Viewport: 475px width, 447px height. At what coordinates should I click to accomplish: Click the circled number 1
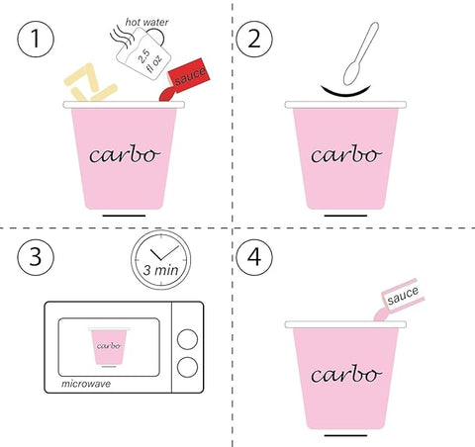point(36,39)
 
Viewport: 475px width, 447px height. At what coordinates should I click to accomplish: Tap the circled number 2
point(254,39)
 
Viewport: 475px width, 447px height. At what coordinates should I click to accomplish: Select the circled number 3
point(36,257)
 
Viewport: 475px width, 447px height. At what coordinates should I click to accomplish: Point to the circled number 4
point(254,257)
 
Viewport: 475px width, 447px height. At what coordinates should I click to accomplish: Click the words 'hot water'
point(146,22)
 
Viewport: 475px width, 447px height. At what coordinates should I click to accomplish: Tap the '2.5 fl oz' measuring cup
point(143,53)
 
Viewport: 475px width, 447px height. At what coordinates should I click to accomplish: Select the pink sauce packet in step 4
point(400,299)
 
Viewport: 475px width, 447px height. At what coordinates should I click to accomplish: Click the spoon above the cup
point(361,53)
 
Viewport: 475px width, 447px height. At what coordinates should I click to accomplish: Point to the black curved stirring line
point(345,92)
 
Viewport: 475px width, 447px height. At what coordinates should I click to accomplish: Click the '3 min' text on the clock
point(160,270)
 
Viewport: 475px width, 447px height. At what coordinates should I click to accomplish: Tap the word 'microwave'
point(86,384)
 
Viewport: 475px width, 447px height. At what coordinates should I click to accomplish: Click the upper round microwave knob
point(187,339)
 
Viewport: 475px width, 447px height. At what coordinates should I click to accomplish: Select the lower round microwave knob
point(187,367)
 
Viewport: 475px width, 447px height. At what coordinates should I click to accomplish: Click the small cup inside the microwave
point(109,346)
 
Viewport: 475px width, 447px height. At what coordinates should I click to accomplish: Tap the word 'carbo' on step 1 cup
point(125,154)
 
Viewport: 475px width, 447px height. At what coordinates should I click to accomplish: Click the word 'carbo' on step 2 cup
point(346,154)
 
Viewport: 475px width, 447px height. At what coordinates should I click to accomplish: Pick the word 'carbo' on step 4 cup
point(346,374)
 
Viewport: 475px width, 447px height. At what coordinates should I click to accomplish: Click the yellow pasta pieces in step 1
point(90,83)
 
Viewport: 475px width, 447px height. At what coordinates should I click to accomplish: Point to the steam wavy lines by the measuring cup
point(122,38)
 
